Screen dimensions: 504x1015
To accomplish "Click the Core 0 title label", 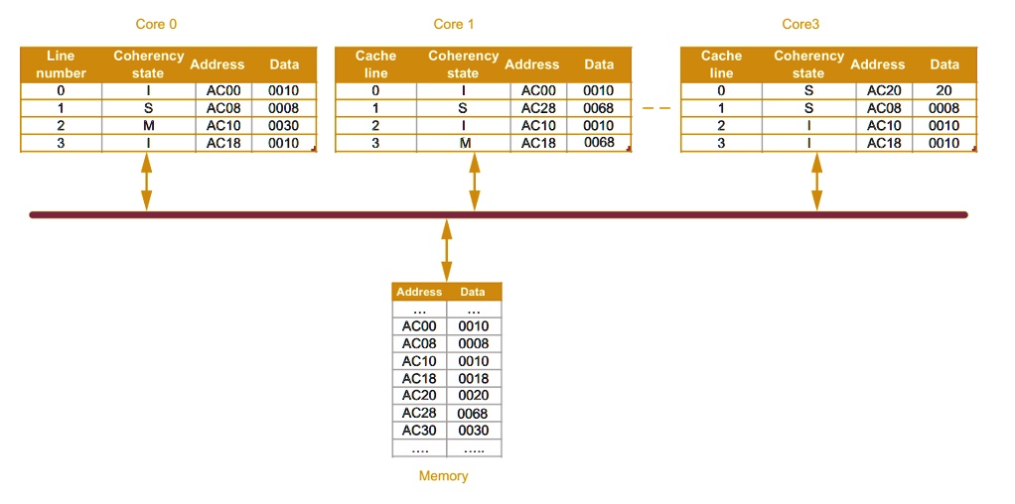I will [156, 24].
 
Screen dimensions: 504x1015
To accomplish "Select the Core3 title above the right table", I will [800, 24].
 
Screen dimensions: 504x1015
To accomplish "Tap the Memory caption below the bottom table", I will [443, 476].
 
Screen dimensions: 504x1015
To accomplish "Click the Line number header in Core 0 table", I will [61, 64].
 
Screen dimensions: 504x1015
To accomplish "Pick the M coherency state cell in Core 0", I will [147, 126].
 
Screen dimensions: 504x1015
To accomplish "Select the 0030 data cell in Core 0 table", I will [283, 126].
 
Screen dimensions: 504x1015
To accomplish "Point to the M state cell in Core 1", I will [464, 143].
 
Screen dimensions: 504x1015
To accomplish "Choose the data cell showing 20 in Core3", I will [943, 90].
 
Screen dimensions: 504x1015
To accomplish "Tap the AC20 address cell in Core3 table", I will [883, 90].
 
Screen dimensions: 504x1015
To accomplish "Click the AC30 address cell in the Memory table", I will [419, 431].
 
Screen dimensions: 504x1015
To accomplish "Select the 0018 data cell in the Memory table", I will [474, 378].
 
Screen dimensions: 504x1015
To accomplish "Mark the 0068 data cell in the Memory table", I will [474, 414].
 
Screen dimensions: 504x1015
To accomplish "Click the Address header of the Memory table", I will [419, 292].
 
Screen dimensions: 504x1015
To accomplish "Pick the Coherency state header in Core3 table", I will [808, 64].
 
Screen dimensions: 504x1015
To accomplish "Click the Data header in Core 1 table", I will [599, 64].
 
